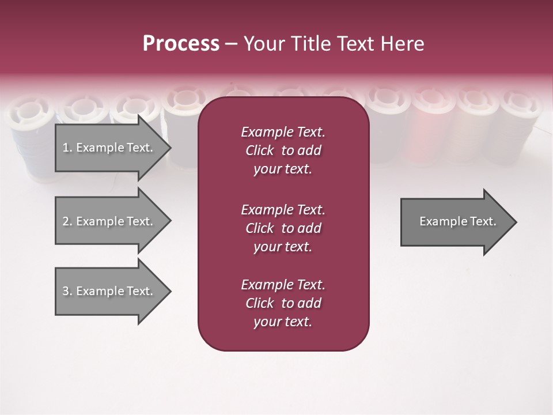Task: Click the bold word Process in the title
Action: point(181,44)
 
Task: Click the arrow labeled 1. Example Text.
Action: point(109,148)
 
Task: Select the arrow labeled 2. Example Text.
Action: point(109,221)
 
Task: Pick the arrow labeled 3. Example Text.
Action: point(109,291)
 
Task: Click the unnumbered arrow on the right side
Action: point(455,221)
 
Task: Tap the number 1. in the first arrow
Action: point(67,148)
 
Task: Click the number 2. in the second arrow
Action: point(67,221)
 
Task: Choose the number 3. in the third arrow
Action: point(67,291)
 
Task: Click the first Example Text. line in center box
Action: point(283,132)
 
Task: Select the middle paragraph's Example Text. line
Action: point(283,210)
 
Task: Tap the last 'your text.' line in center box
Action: point(283,322)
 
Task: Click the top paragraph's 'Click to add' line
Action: point(283,150)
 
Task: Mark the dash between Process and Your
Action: point(231,44)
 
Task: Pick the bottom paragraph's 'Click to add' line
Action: point(283,303)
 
